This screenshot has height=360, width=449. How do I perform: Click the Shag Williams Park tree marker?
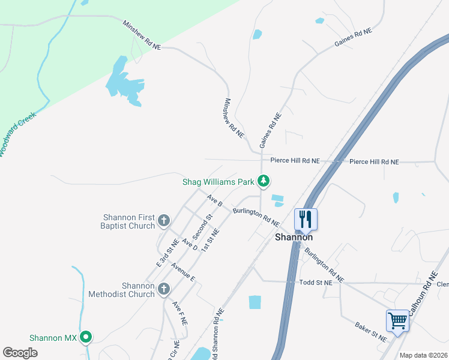[x=263, y=180]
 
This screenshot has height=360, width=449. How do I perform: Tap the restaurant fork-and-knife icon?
[x=306, y=220]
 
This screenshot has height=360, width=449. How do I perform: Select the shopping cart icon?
[x=397, y=320]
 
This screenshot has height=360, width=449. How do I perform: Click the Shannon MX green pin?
[x=86, y=338]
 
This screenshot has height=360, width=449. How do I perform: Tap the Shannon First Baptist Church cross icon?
[x=163, y=221]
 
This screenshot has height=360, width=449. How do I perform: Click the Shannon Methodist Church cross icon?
[x=163, y=290]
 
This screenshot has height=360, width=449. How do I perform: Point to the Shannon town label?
[x=294, y=237]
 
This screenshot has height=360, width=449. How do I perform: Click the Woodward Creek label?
[x=17, y=135]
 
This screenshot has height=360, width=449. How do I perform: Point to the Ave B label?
[x=215, y=200]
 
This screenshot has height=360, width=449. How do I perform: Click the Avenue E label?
[x=183, y=272]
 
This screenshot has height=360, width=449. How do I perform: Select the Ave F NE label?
[x=179, y=313]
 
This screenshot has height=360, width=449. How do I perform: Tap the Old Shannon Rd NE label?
[x=217, y=334]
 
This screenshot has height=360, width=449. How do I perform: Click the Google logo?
[x=20, y=353]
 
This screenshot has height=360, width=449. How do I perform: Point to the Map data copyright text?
[x=424, y=355]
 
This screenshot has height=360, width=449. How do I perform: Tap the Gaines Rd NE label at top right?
[x=353, y=38]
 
